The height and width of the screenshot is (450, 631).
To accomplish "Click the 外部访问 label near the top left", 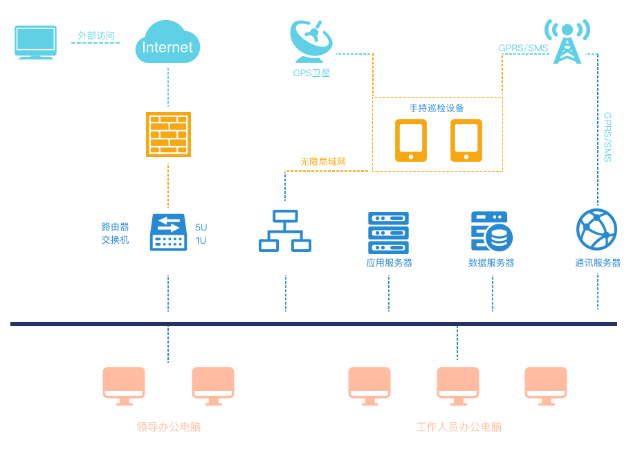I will click(95, 35).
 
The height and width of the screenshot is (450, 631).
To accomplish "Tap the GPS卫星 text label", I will click(311, 73).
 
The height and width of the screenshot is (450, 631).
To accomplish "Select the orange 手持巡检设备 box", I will click(437, 134).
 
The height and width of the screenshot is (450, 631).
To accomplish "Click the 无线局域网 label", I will click(322, 162).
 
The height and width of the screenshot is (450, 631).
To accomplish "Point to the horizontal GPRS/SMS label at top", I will click(523, 48).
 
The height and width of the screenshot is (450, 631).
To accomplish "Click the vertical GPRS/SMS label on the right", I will click(607, 137).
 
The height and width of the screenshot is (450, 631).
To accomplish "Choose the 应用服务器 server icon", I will click(388, 233).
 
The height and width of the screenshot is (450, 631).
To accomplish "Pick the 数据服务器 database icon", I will click(491, 231).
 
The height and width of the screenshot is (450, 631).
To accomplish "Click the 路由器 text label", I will click(115, 227).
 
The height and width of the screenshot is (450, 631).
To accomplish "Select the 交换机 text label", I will click(115, 240).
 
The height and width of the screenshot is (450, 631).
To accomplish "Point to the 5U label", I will click(201, 227).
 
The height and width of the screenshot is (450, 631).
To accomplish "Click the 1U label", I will click(201, 240).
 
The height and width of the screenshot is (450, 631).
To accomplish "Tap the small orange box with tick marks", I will click(168, 134).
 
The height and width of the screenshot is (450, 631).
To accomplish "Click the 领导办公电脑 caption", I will click(168, 427).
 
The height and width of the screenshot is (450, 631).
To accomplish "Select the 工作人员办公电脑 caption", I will click(458, 427).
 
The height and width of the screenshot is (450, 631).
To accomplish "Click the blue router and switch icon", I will click(168, 232).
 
